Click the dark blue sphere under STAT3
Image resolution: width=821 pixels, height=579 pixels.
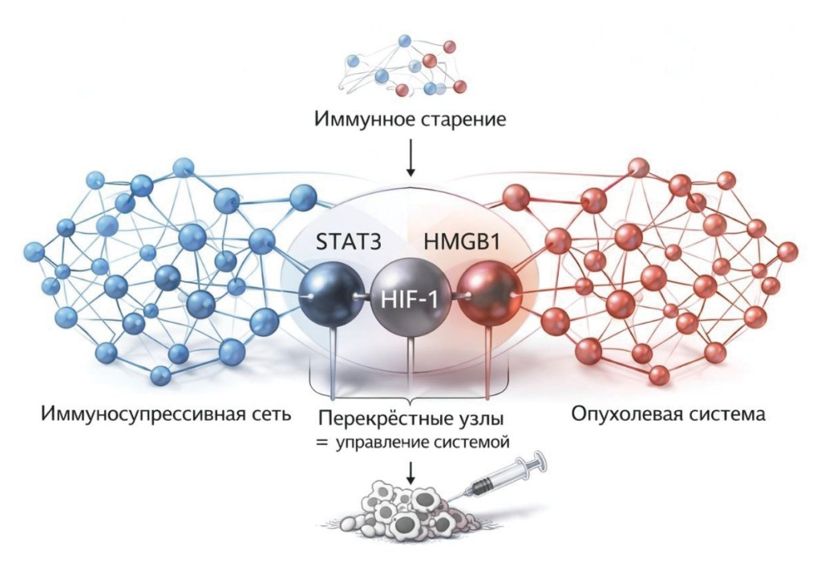[331, 296]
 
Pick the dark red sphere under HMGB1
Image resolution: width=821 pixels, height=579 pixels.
[490, 296]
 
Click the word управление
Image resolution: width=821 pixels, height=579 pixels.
[384, 443]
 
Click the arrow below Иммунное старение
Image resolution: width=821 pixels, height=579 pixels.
[410, 157]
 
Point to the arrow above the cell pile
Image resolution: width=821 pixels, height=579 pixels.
[410, 472]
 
